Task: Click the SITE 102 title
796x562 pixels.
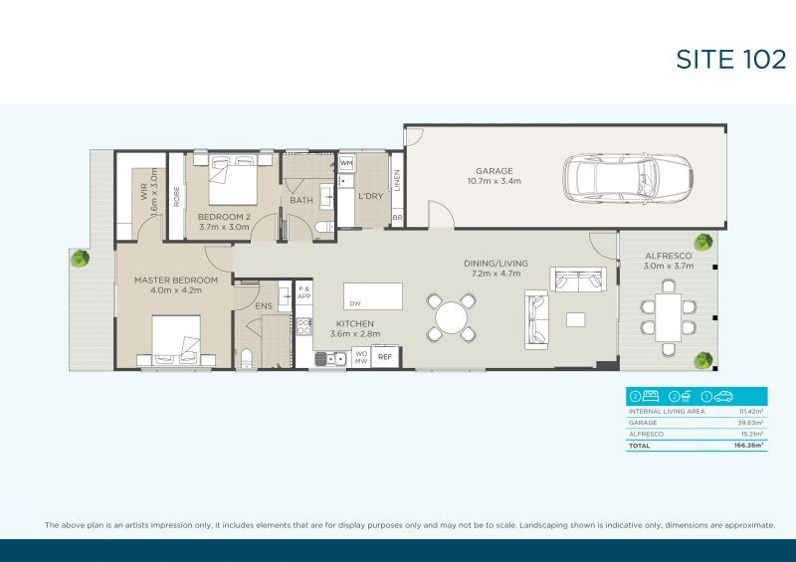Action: (731, 60)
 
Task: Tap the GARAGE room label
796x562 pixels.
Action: (494, 170)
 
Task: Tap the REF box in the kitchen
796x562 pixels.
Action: (385, 356)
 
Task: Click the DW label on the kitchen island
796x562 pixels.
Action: (355, 302)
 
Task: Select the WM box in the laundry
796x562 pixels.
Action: (346, 162)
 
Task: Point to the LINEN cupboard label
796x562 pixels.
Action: (397, 181)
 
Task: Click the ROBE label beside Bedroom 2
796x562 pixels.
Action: (176, 196)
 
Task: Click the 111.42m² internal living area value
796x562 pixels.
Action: (750, 411)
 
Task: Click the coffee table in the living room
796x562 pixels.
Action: (576, 319)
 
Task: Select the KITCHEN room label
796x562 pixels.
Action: (354, 324)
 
